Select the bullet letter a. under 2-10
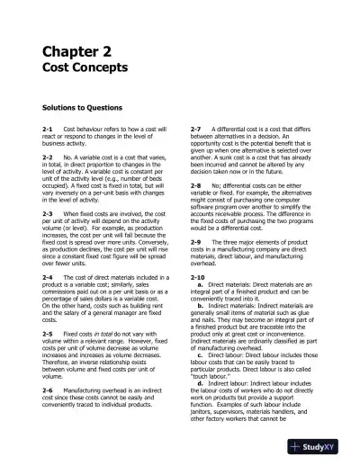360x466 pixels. click(200, 285)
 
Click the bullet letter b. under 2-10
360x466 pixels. click(200, 305)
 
